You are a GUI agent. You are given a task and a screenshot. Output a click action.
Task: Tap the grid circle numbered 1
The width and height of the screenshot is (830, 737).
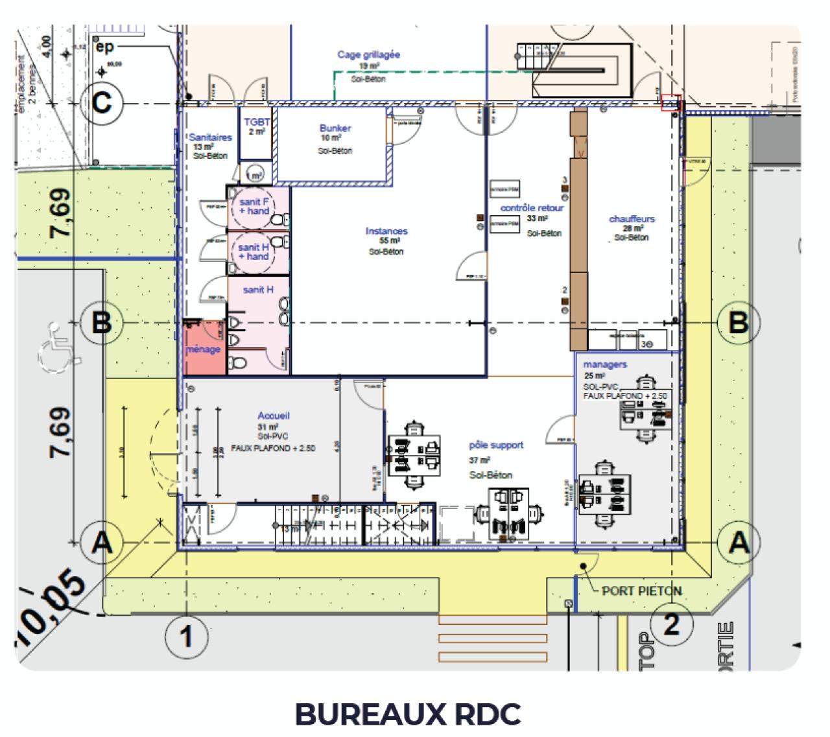click(x=186, y=637)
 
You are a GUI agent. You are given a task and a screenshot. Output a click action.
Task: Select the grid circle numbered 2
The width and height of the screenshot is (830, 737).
click(x=672, y=624)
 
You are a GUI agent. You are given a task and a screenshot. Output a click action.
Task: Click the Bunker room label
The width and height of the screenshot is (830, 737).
click(x=335, y=128)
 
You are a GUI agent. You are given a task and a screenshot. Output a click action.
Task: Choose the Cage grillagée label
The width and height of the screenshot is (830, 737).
click(x=368, y=55)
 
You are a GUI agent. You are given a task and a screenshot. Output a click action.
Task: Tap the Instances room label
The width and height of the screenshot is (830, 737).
click(x=386, y=231)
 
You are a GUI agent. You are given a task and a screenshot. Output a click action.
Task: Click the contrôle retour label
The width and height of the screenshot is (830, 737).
click(x=532, y=208)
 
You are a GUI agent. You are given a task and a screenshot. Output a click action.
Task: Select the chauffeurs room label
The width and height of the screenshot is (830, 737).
click(x=632, y=219)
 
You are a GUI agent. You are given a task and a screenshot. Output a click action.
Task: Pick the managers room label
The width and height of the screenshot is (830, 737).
click(x=604, y=365)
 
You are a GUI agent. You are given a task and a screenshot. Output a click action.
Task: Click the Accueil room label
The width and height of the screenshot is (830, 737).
click(x=273, y=415)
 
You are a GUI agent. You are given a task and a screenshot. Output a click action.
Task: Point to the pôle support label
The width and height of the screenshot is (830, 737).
click(x=496, y=445)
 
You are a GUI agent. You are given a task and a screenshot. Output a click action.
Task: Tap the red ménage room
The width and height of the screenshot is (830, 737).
click(x=204, y=349)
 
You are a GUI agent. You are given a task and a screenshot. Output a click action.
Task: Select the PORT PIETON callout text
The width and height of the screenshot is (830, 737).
click(x=642, y=591)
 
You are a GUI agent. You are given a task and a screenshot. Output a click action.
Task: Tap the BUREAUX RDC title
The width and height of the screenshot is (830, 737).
click(x=408, y=714)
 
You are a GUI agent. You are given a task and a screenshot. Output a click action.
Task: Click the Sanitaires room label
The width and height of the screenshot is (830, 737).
click(x=210, y=137)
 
